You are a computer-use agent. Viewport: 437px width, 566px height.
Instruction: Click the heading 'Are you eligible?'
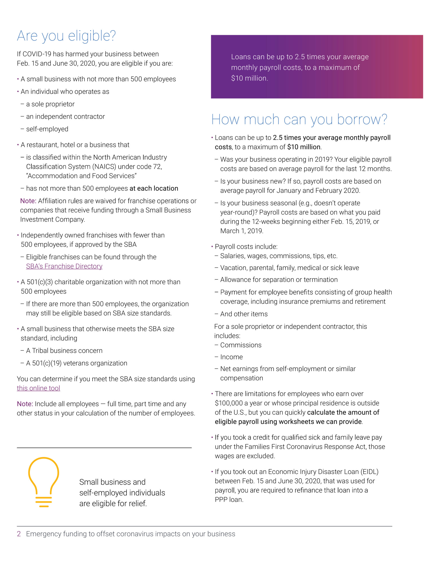[66, 36]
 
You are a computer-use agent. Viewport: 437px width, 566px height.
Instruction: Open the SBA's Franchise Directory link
[64, 266]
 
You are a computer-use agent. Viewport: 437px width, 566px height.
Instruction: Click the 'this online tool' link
[38, 388]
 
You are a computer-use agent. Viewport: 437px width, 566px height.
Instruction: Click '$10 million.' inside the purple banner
[249, 78]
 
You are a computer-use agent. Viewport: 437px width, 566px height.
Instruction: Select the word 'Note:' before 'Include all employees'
[25, 404]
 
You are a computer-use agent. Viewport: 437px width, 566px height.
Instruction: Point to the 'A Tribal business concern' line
[64, 350]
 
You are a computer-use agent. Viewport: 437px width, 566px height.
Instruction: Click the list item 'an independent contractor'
[65, 116]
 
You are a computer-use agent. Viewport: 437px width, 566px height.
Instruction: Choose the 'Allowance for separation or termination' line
[279, 280]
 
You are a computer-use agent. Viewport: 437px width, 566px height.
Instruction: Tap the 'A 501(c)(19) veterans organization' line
[76, 363]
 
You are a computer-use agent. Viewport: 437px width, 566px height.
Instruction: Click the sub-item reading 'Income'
[231, 357]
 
